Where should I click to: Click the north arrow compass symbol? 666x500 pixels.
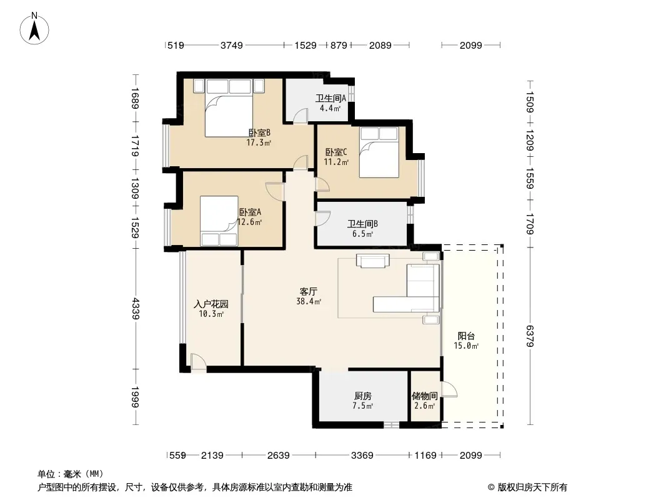tap(34, 29)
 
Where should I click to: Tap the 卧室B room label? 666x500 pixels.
tap(259, 133)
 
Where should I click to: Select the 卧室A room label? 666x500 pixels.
tap(250, 212)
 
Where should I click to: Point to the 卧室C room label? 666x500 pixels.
tap(336, 152)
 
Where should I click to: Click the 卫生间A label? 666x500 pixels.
tap(331, 98)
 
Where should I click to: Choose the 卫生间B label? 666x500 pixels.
tap(363, 224)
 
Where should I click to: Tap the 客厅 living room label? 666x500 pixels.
tap(309, 291)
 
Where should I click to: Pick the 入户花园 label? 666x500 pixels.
tap(211, 304)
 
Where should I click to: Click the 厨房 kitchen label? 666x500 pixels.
tap(363, 396)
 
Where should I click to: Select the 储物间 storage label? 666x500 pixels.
tap(425, 396)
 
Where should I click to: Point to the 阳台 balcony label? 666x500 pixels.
tap(466, 336)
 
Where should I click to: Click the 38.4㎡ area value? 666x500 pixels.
tap(309, 302)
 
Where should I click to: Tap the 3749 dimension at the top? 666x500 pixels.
tap(232, 45)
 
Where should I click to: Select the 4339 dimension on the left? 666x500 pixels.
tap(136, 309)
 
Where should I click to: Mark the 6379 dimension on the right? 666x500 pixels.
tap(530, 336)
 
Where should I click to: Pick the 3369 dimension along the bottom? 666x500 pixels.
tap(362, 456)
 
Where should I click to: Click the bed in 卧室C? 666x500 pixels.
tap(379, 152)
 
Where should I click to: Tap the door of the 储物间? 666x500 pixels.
tap(449, 389)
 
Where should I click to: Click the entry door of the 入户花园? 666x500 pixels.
tap(198, 362)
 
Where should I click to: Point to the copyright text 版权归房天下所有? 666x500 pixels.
tap(532, 487)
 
